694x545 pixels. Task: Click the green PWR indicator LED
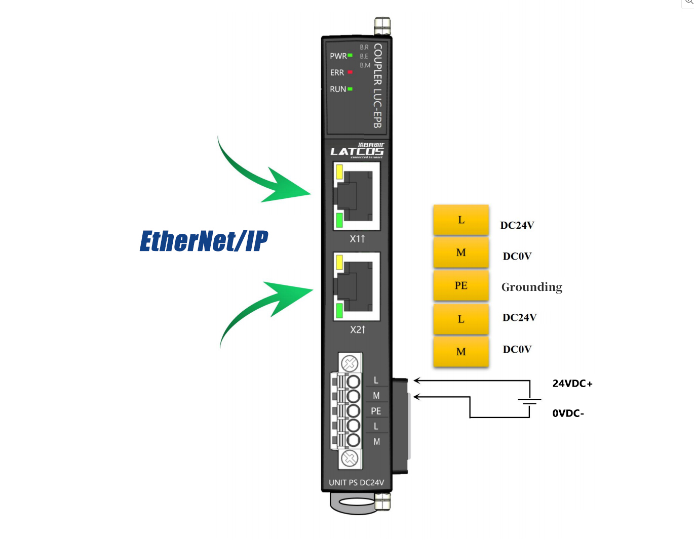pyautogui.click(x=350, y=55)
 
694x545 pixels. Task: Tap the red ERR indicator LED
pyautogui.click(x=350, y=72)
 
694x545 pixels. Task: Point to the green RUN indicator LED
pyautogui.click(x=350, y=89)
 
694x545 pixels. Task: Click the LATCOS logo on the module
pyautogui.click(x=357, y=151)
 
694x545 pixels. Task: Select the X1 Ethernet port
pyautogui.click(x=357, y=196)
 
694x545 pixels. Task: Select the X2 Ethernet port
pyautogui.click(x=357, y=287)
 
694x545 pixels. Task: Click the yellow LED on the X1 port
pyautogui.click(x=339, y=172)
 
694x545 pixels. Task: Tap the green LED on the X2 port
pyautogui.click(x=339, y=310)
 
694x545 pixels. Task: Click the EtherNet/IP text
pyautogui.click(x=204, y=241)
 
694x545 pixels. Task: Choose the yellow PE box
pyautogui.click(x=461, y=285)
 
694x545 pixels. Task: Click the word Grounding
pyautogui.click(x=532, y=287)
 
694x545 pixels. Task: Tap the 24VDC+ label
pyautogui.click(x=572, y=384)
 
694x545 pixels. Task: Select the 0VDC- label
pyautogui.click(x=568, y=413)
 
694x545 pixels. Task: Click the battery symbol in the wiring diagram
pyautogui.click(x=529, y=402)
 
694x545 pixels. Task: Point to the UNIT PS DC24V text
pyautogui.click(x=357, y=483)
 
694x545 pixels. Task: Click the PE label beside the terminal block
pyautogui.click(x=376, y=411)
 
